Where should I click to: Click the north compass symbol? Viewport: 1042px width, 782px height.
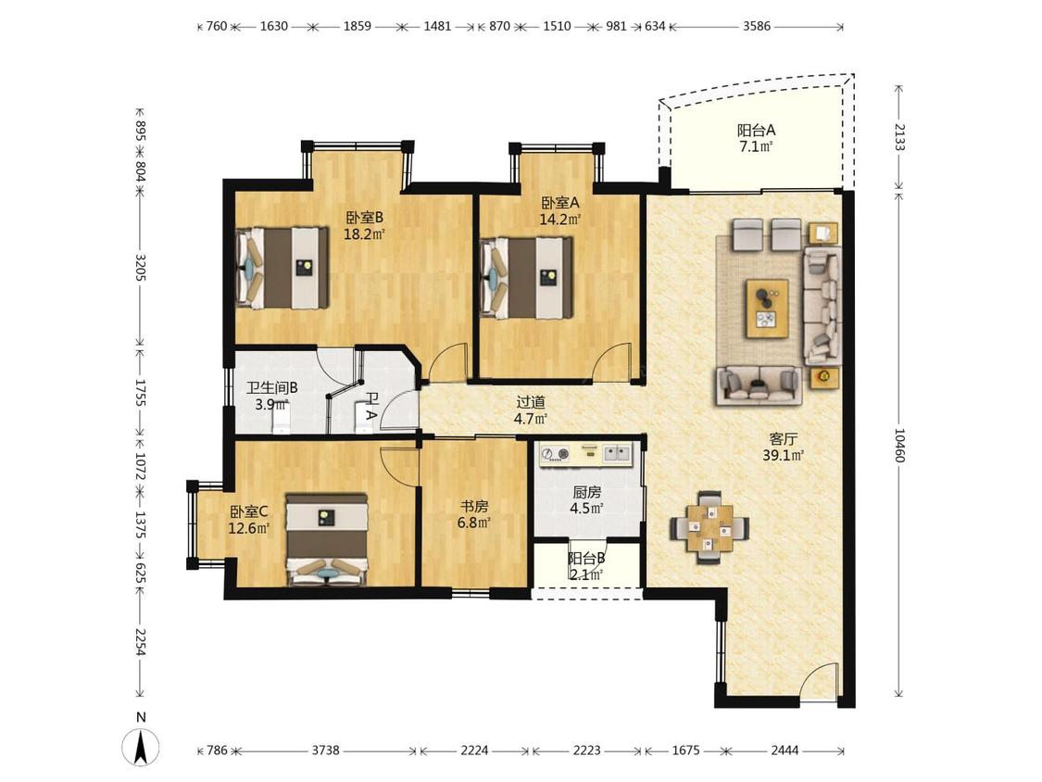pyautogui.click(x=141, y=746)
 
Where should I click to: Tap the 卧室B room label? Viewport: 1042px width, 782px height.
pyautogui.click(x=364, y=218)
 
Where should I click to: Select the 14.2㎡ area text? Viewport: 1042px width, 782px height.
pyautogui.click(x=559, y=219)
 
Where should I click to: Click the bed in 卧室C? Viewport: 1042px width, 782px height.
pyautogui.click(x=327, y=539)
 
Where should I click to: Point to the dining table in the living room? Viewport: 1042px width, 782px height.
pyautogui.click(x=709, y=527)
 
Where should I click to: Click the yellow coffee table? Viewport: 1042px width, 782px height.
pyautogui.click(x=768, y=309)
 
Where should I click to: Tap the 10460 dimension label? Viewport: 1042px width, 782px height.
pyautogui.click(x=899, y=445)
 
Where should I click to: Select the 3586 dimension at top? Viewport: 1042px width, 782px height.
pyautogui.click(x=756, y=26)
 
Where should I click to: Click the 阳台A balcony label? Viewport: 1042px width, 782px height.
pyautogui.click(x=756, y=131)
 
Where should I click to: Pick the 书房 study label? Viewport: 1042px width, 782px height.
pyautogui.click(x=474, y=506)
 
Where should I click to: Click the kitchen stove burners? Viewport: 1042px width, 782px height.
pyautogui.click(x=556, y=454)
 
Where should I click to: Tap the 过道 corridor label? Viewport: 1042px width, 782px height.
pyautogui.click(x=531, y=402)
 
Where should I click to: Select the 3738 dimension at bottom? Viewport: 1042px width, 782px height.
pyautogui.click(x=326, y=750)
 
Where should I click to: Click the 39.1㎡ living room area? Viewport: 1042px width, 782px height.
pyautogui.click(x=784, y=456)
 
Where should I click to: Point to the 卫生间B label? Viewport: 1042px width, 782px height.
pyautogui.click(x=271, y=387)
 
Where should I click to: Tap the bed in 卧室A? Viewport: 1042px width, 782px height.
pyautogui.click(x=526, y=278)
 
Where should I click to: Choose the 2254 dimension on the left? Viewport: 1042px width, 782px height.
pyautogui.click(x=140, y=642)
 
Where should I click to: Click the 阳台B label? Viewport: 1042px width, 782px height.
pyautogui.click(x=586, y=559)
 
